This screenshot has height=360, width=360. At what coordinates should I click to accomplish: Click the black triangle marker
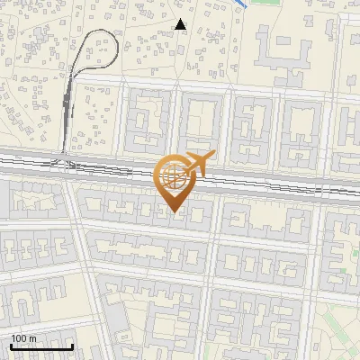coord(181,24)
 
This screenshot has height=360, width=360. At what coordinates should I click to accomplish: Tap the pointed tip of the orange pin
coord(173,212)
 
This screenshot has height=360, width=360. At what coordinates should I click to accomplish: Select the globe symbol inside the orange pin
coord(172,175)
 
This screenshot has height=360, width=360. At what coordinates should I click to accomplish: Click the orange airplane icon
coord(197,164)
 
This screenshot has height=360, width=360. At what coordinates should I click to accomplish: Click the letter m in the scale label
coord(33,338)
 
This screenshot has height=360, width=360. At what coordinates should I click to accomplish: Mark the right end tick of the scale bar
coord(72,346)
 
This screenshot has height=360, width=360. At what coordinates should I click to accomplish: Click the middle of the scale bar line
coord(40,346)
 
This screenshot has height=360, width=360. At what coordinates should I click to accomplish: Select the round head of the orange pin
coord(172,177)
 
